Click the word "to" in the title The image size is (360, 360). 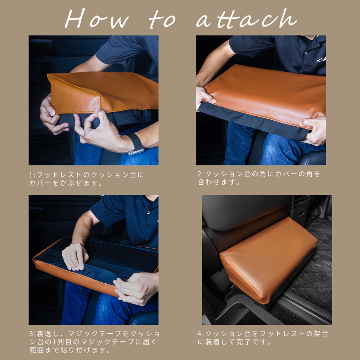164,20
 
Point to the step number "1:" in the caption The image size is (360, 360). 33,175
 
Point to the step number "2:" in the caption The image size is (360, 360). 201,174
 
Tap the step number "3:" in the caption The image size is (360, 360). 33,334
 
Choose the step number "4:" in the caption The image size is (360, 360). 201,334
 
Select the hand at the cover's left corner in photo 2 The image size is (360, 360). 204,97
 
